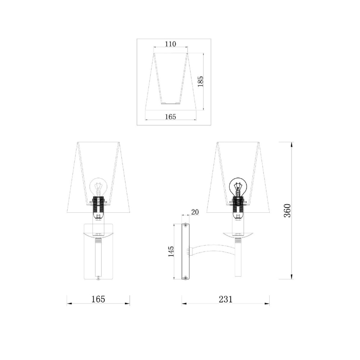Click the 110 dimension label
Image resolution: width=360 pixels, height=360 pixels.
(171, 44)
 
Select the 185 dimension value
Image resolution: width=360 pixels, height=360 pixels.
(201, 81)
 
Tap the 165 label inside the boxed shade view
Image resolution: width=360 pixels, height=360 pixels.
(171, 117)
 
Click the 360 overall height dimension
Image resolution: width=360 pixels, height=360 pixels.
(287, 211)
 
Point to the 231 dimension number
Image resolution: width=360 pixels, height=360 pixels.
(225, 299)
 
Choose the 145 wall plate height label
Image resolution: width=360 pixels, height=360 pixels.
(171, 251)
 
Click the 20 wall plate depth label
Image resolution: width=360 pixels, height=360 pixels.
(195, 212)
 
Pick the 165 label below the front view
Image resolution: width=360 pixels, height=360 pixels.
(98, 299)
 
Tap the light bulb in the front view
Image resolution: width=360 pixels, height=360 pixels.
(98, 186)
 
